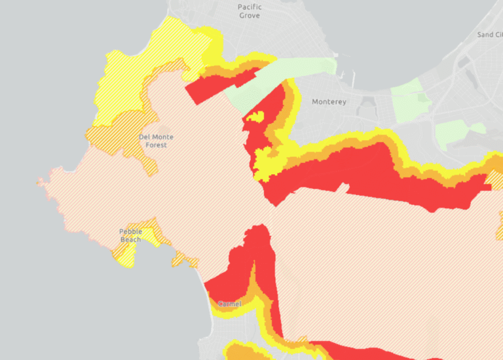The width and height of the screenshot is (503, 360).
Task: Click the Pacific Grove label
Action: (x=250, y=11)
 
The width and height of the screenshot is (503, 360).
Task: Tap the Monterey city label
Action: (x=329, y=102)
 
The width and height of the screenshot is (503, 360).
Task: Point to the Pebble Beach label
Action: (x=130, y=236)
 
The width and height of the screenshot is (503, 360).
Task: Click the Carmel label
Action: (x=229, y=304)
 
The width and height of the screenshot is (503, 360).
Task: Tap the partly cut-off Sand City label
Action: (x=489, y=35)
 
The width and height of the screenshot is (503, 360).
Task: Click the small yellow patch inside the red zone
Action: (x=255, y=118)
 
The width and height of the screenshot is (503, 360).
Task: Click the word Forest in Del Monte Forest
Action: (x=156, y=145)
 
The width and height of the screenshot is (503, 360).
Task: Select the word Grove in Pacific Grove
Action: (x=250, y=15)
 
